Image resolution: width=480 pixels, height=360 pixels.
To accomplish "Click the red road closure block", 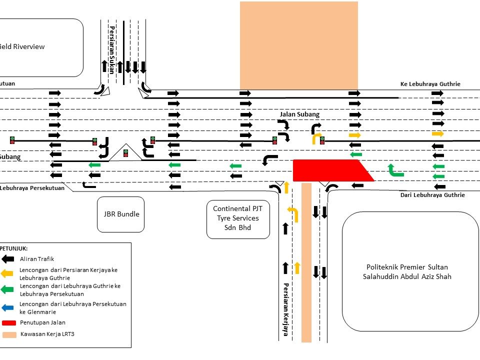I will (x=330, y=170).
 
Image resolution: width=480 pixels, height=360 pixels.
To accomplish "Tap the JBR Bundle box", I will (x=120, y=214).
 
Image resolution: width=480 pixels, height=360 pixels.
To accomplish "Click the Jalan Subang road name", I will (x=299, y=114).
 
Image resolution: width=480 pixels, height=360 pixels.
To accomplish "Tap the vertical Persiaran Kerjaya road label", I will (x=286, y=309).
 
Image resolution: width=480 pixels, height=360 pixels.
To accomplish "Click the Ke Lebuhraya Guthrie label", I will (x=430, y=84).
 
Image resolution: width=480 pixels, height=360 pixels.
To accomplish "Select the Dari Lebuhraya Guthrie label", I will (x=432, y=195).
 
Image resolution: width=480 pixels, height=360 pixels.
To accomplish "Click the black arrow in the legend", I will (x=8, y=259).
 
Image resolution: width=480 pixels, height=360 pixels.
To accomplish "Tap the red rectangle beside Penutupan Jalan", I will (x=8, y=322).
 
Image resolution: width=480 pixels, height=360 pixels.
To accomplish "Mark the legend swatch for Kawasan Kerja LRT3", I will (x=8, y=334).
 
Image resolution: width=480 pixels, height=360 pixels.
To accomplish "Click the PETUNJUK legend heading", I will (x=14, y=248).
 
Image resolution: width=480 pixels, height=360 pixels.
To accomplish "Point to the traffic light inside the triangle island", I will (x=125, y=153).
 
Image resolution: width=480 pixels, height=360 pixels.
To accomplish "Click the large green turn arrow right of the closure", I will (x=395, y=170).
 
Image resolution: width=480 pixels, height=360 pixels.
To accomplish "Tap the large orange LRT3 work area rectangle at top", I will (x=298, y=45).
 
